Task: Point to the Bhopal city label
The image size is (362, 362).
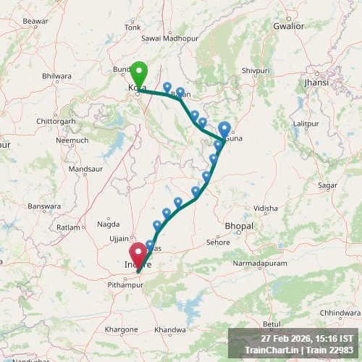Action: point(239,227)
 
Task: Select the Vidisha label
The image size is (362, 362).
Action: point(266,209)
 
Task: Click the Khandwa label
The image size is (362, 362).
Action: point(171,329)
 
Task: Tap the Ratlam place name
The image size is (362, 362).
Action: point(68,227)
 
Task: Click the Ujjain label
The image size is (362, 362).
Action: point(118,238)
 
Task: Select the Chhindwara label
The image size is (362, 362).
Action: point(340,313)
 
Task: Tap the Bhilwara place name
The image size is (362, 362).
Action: point(57,76)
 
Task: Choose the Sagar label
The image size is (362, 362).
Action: point(327,186)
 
